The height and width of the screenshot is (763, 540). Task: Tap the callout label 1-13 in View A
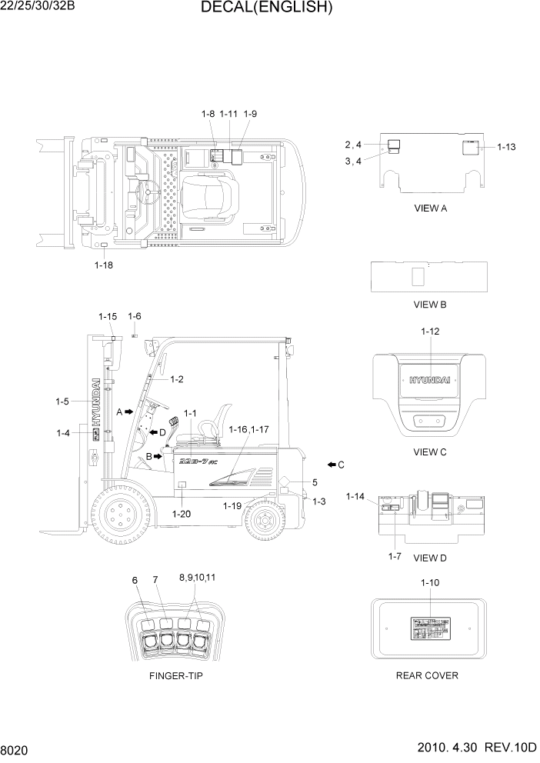coord(506,146)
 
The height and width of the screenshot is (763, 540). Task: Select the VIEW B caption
coord(430,305)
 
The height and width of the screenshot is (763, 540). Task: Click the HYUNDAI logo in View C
coord(430,380)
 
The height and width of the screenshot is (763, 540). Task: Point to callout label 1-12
coord(430,332)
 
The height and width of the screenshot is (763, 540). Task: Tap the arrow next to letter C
coord(332,465)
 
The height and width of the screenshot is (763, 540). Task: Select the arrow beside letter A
coord(129,412)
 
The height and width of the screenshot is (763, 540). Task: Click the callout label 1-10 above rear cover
coord(430,582)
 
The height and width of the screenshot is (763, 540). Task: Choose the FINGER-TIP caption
coord(176,675)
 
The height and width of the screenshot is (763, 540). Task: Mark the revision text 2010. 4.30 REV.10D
coord(477,748)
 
